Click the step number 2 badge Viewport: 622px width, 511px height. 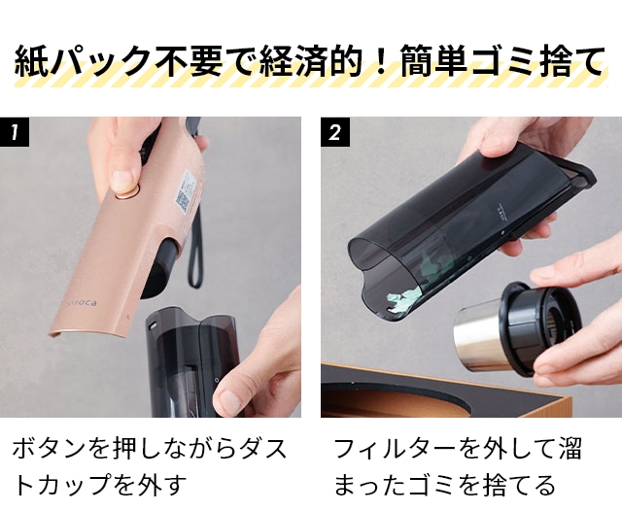pos(336,133)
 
